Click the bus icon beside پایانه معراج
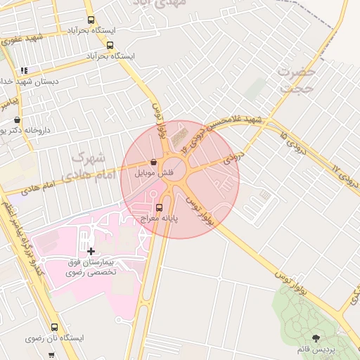tap(159, 207)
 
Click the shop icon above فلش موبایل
tap(153, 162)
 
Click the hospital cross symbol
tap(91, 251)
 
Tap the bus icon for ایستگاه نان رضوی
tap(55, 327)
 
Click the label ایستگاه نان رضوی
tap(55, 338)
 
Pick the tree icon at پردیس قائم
tap(315, 338)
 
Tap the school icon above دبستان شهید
tap(25, 70)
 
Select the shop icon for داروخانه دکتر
tap(17, 120)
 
